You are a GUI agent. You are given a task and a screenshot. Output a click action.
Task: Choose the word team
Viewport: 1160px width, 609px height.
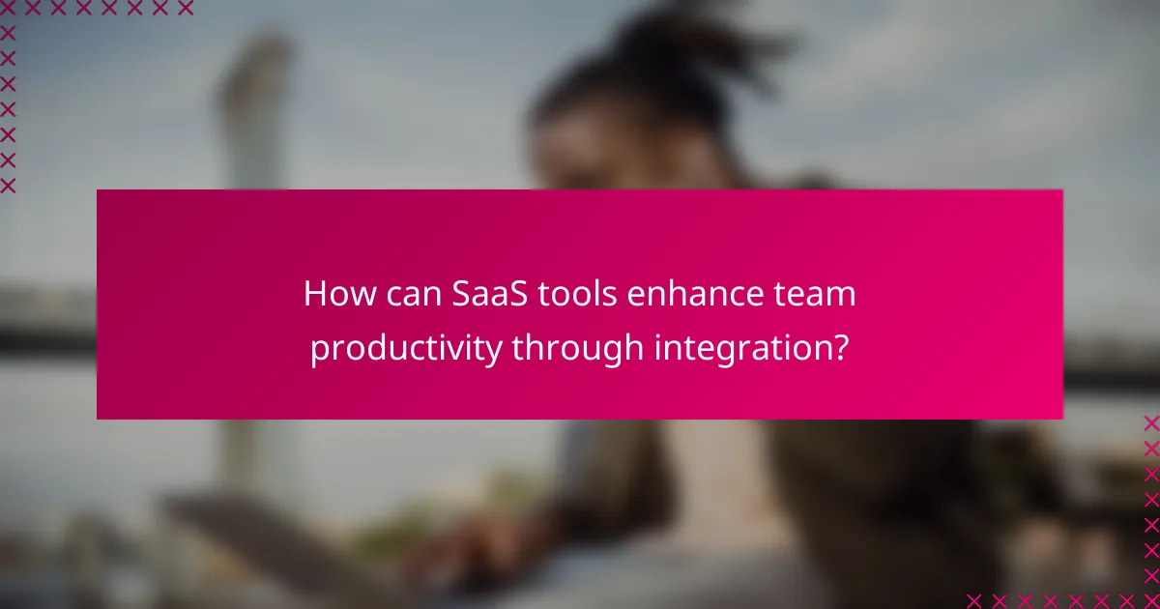pos(815,294)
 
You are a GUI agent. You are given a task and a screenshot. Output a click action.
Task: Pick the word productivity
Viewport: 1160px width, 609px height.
pos(406,348)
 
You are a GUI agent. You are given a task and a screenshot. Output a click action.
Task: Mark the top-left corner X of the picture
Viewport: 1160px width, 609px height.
pos(9,9)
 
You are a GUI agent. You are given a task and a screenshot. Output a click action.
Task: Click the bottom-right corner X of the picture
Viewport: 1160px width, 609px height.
pos(1151,600)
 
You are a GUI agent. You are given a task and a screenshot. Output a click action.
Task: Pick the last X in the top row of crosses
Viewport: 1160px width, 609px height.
pos(185,9)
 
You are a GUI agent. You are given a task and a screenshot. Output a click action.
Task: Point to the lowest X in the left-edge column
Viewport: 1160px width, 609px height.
pos(9,185)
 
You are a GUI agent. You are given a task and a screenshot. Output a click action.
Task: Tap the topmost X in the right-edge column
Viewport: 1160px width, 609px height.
pos(1151,423)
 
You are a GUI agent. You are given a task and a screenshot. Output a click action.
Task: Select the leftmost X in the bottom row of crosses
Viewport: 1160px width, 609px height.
pos(974,600)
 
